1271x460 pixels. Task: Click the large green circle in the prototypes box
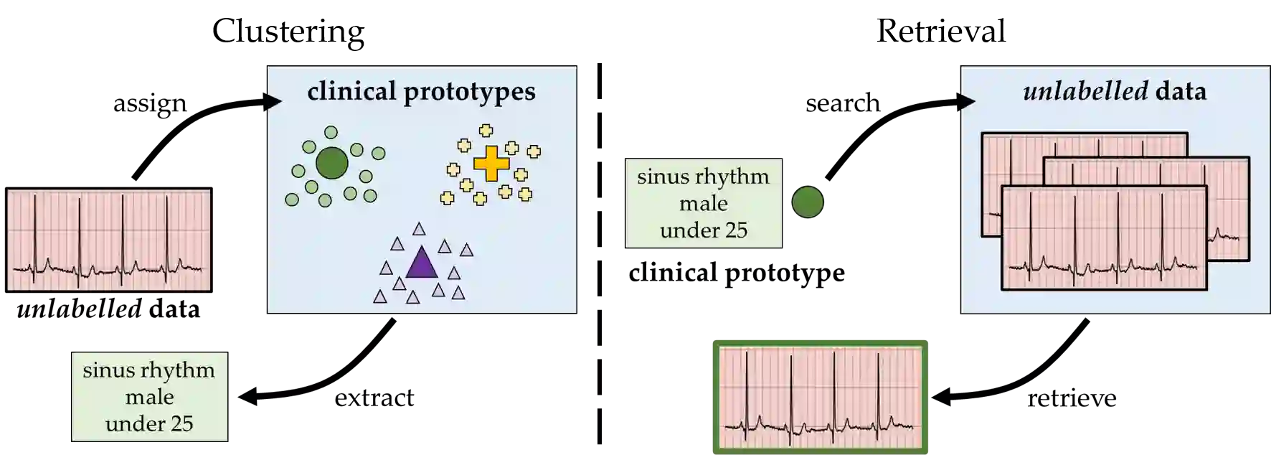(x=331, y=163)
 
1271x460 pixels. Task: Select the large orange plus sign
(x=491, y=163)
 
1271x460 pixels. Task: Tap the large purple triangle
(x=422, y=263)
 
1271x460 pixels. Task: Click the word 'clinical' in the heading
(x=351, y=91)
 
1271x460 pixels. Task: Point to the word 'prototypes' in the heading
(x=469, y=92)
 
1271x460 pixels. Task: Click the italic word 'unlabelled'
(x=1085, y=91)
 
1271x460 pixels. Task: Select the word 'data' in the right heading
(x=1181, y=91)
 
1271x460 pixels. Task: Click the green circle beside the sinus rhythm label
(x=808, y=202)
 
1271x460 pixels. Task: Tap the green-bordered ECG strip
(x=820, y=398)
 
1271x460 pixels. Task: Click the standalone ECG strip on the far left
(x=108, y=240)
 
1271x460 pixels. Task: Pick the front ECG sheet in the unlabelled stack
(x=1103, y=238)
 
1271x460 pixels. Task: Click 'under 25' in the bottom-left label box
(x=149, y=423)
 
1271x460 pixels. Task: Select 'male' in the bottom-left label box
(x=149, y=397)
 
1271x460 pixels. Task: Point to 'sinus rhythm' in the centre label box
(x=703, y=177)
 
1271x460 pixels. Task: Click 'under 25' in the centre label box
(x=703, y=230)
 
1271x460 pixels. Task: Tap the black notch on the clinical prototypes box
(x=273, y=102)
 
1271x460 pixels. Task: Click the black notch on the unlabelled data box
(x=967, y=102)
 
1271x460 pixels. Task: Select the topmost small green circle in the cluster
(x=331, y=132)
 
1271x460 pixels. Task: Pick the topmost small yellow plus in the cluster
(x=486, y=131)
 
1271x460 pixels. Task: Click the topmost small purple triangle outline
(x=419, y=229)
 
